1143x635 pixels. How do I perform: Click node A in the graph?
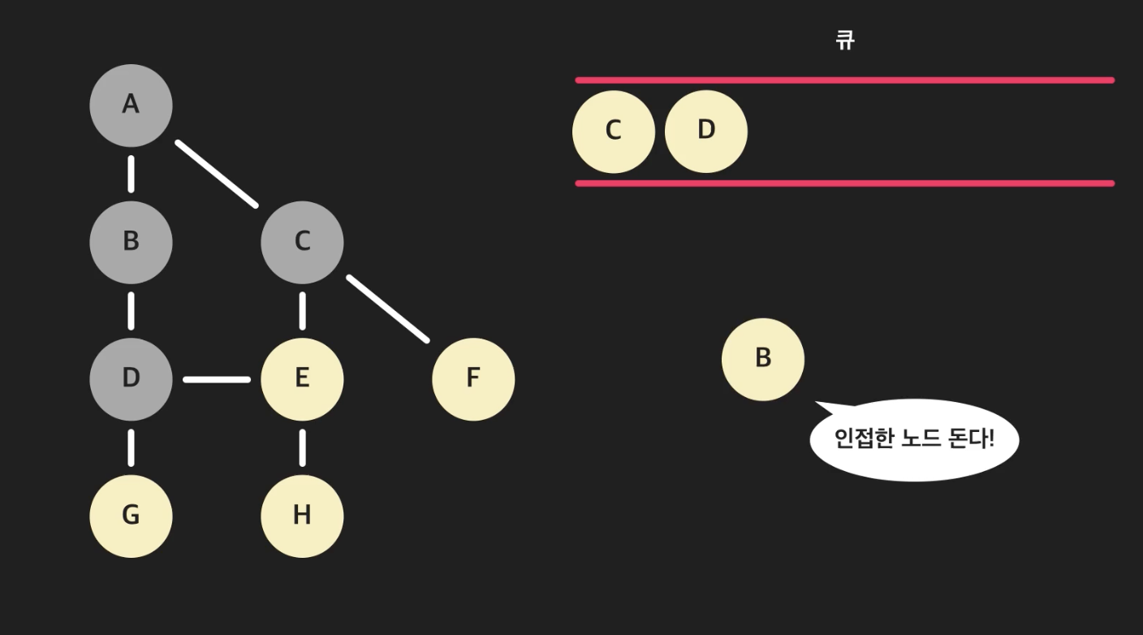pos(131,106)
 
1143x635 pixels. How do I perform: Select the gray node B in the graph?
pos(131,242)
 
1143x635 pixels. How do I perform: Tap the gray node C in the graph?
pos(302,242)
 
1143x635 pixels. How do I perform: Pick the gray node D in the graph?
pos(131,378)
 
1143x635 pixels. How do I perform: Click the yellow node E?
pos(302,378)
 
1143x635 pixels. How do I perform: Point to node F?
pos(473,378)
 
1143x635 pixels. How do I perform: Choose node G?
pos(131,516)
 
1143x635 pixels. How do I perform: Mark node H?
pos(302,516)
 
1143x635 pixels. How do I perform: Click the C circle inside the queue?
pos(614,131)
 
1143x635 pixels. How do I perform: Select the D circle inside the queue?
pos(706,131)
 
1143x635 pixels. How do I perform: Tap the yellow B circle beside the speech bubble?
pos(763,359)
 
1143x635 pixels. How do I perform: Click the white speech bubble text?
pos(914,439)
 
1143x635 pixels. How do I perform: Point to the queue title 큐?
pos(845,40)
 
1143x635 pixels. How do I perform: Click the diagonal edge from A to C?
pos(217,174)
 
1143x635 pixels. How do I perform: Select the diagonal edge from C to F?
pos(388,309)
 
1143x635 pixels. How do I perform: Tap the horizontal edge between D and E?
pos(217,378)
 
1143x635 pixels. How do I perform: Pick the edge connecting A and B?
pos(131,174)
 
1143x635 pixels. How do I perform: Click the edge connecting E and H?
pos(302,447)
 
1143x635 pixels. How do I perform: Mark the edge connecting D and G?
pos(131,447)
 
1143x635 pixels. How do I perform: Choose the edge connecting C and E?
pos(302,310)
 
